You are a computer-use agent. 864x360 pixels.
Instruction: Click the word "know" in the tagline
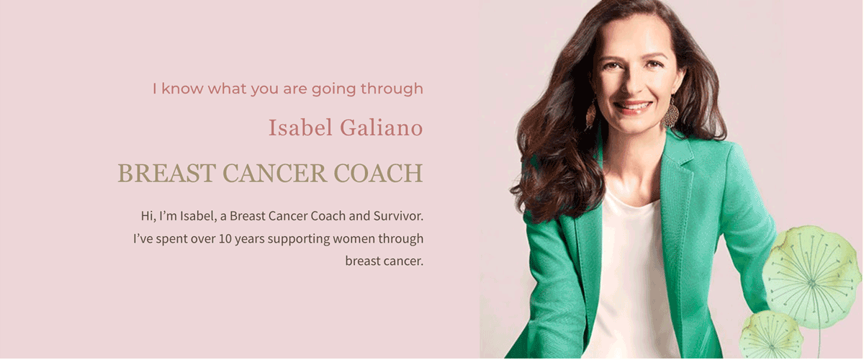point(182,89)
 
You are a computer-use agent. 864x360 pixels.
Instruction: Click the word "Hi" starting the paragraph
point(148,215)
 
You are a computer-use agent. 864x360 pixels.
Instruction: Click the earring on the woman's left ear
point(671,113)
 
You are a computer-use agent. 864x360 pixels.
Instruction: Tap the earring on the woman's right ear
point(591,115)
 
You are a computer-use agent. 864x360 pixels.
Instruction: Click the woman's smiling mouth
point(633,107)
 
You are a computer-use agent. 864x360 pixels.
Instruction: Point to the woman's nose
point(632,85)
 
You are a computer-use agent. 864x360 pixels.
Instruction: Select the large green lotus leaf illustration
point(811,276)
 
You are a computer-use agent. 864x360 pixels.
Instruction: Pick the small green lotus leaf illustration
point(771,335)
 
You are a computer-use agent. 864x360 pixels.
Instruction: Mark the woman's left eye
point(654,64)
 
